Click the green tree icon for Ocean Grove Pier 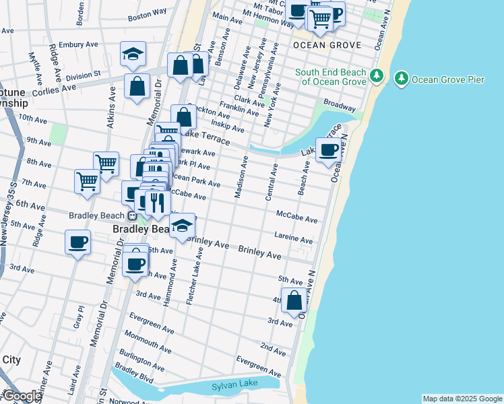(x=402, y=79)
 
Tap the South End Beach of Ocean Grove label (x=334, y=77)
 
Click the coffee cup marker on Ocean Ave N (x=329, y=150)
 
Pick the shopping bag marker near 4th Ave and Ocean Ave (x=294, y=300)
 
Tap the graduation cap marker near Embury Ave (x=133, y=54)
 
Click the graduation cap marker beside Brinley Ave (x=181, y=228)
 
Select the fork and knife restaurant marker (x=157, y=203)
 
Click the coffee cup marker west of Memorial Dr (x=77, y=242)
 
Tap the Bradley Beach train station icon (x=133, y=215)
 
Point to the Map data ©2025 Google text (x=462, y=399)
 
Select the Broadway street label (x=340, y=106)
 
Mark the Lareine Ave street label (x=293, y=238)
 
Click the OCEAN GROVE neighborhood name (x=327, y=45)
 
